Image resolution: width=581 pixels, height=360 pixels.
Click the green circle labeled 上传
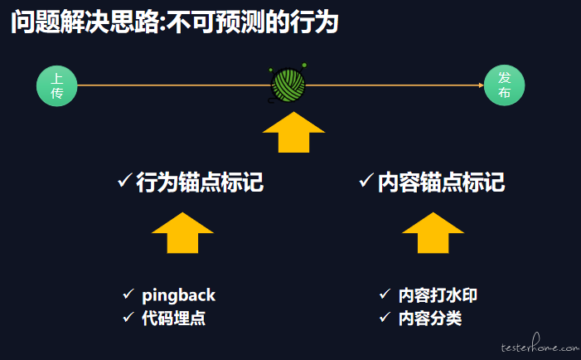(x=56, y=85)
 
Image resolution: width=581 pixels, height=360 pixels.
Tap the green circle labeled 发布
(x=504, y=85)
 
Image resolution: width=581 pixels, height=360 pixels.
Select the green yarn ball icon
(x=288, y=84)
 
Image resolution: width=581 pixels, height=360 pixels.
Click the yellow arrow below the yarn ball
(x=293, y=132)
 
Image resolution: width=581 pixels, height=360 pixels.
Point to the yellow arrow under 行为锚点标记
(x=182, y=233)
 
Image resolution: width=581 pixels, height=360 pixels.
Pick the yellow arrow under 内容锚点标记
(x=433, y=233)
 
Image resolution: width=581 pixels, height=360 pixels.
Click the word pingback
(x=178, y=295)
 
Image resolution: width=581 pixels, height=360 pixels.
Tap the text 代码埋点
(x=173, y=318)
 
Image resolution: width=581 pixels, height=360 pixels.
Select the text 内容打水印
(x=438, y=295)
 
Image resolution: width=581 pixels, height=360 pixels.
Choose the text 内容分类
(x=430, y=318)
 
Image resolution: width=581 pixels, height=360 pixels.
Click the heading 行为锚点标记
(x=200, y=182)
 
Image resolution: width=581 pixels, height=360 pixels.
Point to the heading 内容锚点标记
(x=441, y=182)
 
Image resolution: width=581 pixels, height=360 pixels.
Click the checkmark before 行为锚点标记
(x=124, y=180)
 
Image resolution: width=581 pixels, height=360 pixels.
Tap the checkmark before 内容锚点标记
(x=366, y=180)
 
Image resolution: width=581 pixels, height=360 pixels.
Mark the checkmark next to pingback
(x=128, y=294)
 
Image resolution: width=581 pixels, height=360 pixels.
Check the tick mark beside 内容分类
(x=385, y=317)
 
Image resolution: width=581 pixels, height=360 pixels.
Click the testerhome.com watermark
(x=540, y=343)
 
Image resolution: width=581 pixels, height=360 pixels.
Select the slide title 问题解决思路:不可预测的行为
(x=175, y=22)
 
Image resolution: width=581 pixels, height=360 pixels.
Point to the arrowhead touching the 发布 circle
(x=482, y=85)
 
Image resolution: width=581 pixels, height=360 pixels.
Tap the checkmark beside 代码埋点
(x=128, y=317)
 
